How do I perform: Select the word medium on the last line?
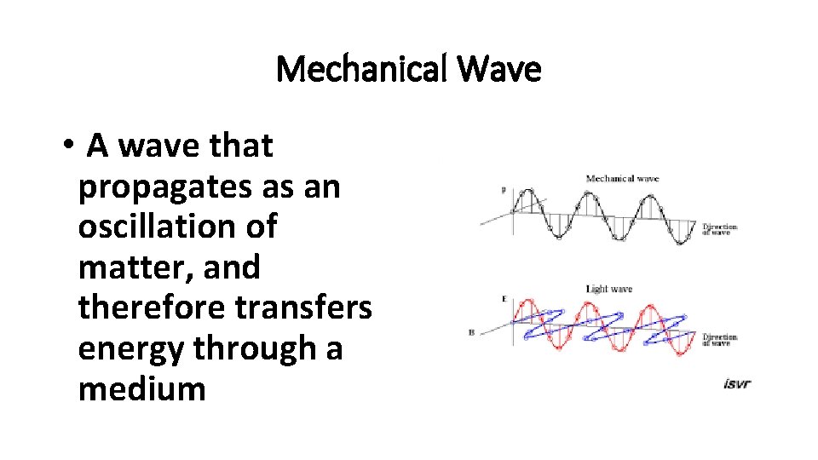[x=141, y=388]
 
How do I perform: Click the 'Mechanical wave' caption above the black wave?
[x=622, y=179]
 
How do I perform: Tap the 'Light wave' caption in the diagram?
[x=609, y=290]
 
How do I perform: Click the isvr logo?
[x=736, y=384]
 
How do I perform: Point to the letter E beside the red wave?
[x=504, y=299]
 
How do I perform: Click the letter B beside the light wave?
[x=470, y=333]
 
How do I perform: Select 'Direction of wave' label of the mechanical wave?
[x=719, y=229]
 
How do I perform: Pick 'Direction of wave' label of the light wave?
[x=719, y=340]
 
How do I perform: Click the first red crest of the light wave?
[x=530, y=302]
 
